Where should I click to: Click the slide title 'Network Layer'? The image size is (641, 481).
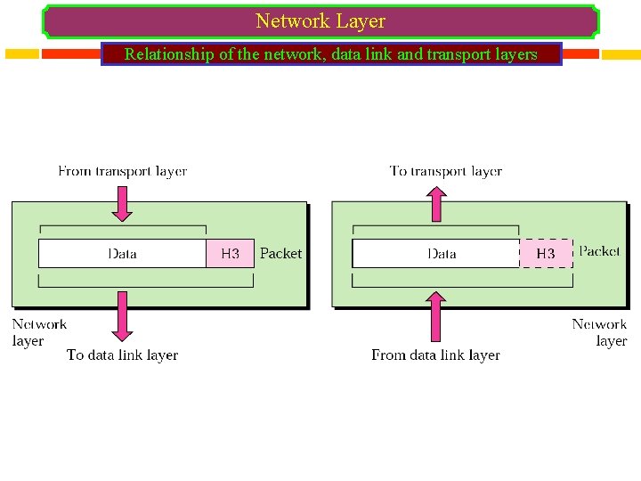pyautogui.click(x=320, y=20)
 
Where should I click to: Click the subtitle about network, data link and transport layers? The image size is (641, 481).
pyautogui.click(x=331, y=54)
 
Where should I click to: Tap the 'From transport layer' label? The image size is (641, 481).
pyautogui.click(x=122, y=171)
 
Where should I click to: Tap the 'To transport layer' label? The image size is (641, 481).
pyautogui.click(x=445, y=171)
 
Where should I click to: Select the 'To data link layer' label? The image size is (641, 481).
pyautogui.click(x=122, y=355)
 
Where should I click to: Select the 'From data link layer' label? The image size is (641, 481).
pyautogui.click(x=435, y=355)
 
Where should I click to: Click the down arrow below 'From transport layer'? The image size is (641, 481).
pyautogui.click(x=123, y=202)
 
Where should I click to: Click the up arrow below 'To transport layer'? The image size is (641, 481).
pyautogui.click(x=435, y=202)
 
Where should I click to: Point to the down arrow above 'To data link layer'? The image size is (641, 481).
pyautogui.click(x=123, y=315)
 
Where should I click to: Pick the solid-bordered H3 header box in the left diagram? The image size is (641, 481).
pyautogui.click(x=230, y=254)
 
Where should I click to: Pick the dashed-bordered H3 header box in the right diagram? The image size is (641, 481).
pyautogui.click(x=546, y=254)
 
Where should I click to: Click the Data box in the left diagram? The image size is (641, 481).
pyautogui.click(x=122, y=254)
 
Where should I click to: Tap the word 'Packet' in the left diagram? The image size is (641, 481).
pyautogui.click(x=280, y=254)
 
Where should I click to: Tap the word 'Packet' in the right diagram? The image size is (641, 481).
pyautogui.click(x=599, y=251)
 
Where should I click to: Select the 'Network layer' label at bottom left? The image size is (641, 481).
pyautogui.click(x=39, y=332)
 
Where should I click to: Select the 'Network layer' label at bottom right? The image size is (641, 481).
pyautogui.click(x=599, y=332)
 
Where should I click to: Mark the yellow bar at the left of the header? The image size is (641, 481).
pyautogui.click(x=21, y=54)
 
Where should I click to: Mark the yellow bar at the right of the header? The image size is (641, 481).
pyautogui.click(x=621, y=54)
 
